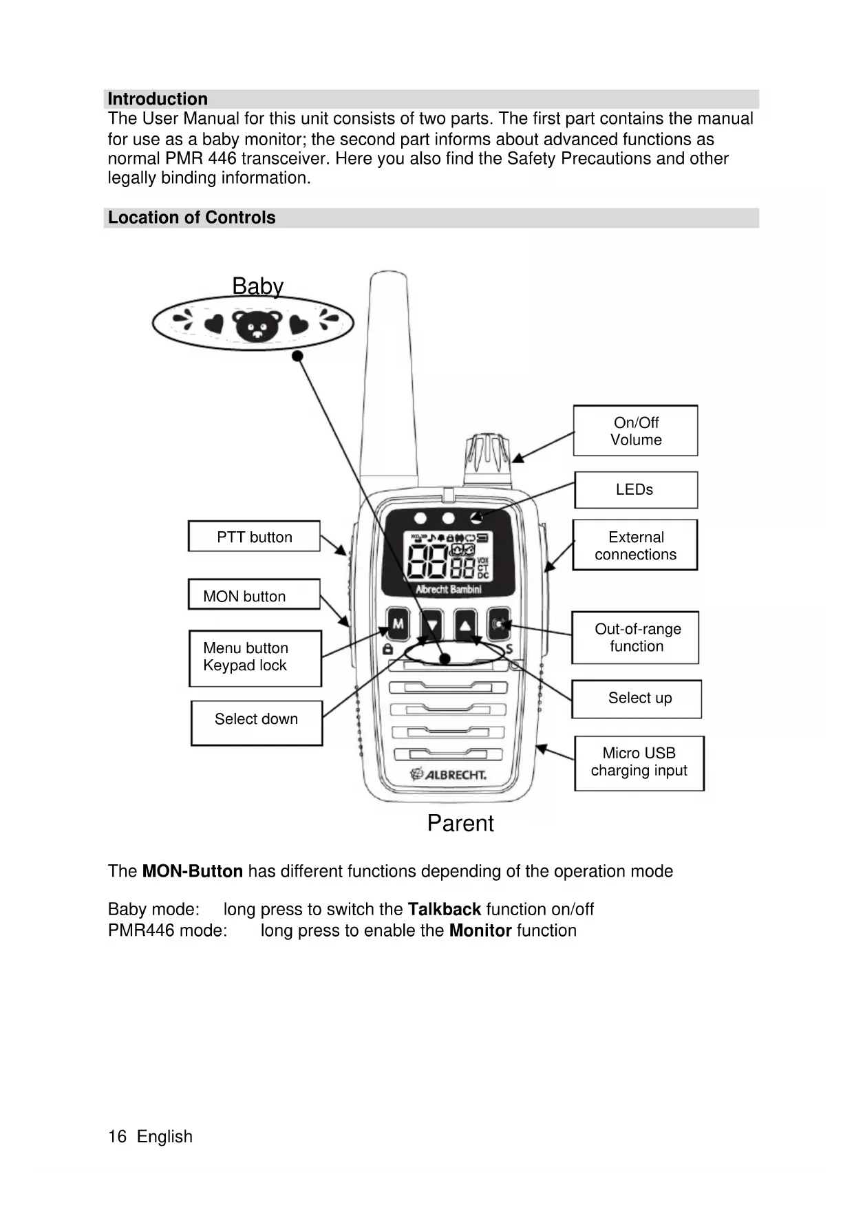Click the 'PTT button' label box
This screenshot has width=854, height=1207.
coord(254,537)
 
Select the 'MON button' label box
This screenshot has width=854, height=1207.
coord(254,595)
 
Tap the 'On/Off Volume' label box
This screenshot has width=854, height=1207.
coord(635,431)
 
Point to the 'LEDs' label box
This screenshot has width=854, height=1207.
coord(635,490)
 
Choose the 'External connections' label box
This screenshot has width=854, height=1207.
coord(634,545)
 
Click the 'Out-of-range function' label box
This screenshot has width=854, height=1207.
coord(635,637)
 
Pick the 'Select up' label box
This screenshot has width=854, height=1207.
coord(637,698)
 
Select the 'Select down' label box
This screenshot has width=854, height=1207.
coord(256,723)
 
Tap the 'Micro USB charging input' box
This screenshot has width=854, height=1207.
coord(639,763)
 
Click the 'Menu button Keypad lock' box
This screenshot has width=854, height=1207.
coord(255,658)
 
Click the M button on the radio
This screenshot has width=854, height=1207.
coord(398,625)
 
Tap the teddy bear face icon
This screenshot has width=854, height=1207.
coord(257,325)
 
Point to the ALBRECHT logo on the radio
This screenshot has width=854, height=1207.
coord(449,775)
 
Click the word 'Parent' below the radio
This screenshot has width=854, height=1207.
coord(460,823)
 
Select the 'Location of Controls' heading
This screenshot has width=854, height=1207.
coord(191,217)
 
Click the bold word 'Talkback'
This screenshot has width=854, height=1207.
coord(444,910)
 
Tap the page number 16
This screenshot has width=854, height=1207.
coord(117,1136)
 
